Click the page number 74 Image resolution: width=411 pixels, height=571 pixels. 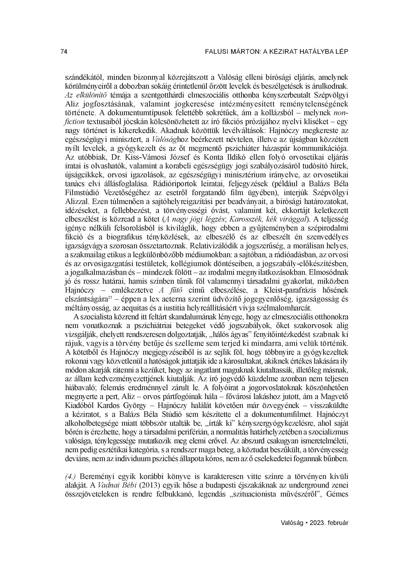64,52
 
